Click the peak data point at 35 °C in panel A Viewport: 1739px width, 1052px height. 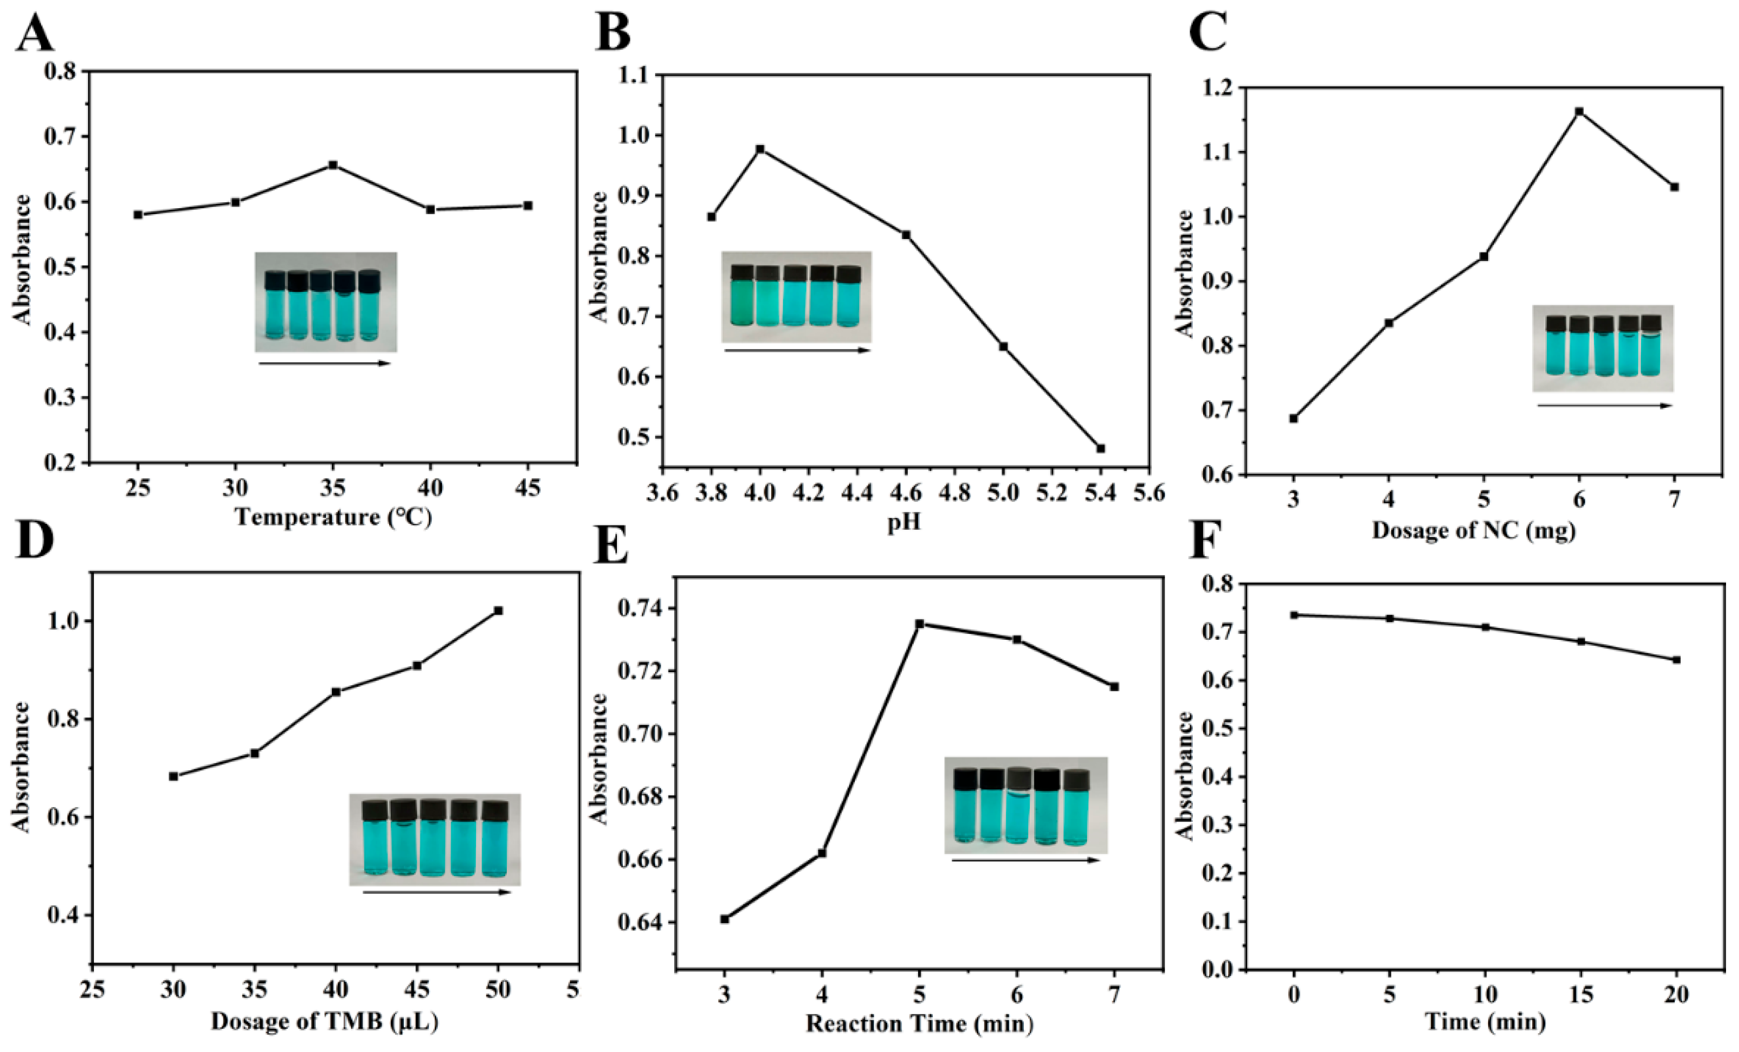[x=333, y=165]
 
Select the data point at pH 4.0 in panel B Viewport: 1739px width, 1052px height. [x=760, y=149]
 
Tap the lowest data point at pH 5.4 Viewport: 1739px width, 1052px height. [x=1101, y=449]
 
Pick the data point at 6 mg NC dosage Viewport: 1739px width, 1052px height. [x=1579, y=112]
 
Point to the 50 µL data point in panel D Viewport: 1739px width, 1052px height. [x=498, y=610]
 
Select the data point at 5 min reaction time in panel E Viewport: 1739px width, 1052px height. [x=920, y=624]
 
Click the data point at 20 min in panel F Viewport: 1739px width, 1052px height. [x=1677, y=660]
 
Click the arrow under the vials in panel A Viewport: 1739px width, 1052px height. [x=325, y=364]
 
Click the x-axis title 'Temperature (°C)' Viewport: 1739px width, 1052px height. [x=333, y=517]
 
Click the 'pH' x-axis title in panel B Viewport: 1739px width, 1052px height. [x=904, y=523]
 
